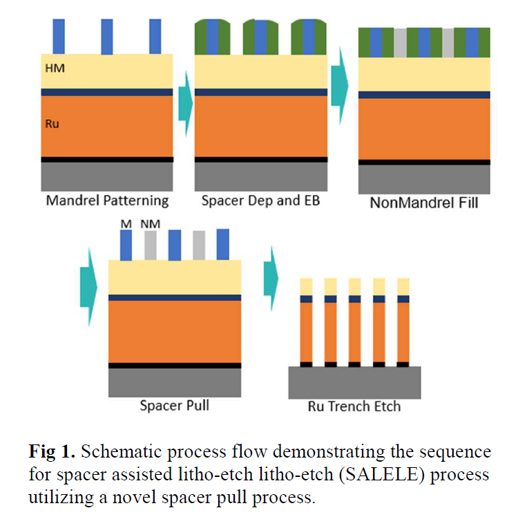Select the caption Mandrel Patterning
[x=107, y=200]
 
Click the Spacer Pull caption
[x=174, y=405]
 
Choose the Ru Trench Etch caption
[x=354, y=406]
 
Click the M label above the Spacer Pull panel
[x=125, y=224]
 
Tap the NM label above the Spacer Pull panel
[x=148, y=224]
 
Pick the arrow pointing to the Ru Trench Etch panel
[x=271, y=278]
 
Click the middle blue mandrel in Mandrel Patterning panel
[x=107, y=37]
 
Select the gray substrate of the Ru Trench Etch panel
[x=354, y=381]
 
